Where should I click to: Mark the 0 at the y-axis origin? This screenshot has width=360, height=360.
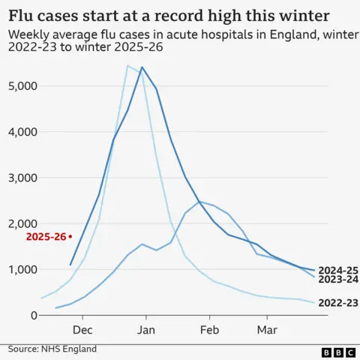point(34,315)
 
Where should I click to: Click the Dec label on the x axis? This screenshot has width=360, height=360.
point(82,330)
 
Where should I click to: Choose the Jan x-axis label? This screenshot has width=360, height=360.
point(145,330)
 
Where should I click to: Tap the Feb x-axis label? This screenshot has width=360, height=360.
point(209,330)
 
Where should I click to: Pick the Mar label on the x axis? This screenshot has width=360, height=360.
point(267,330)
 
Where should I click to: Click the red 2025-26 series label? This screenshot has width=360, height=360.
point(45,236)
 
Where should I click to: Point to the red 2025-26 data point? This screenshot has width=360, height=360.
point(70,236)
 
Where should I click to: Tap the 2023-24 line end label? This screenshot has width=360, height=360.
point(337,280)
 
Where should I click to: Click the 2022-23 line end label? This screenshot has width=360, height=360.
point(337,303)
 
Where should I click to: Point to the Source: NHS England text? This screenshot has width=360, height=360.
point(52,349)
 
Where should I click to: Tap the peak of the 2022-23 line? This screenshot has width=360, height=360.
point(128,66)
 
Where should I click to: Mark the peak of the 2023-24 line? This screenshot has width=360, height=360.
point(199,201)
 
